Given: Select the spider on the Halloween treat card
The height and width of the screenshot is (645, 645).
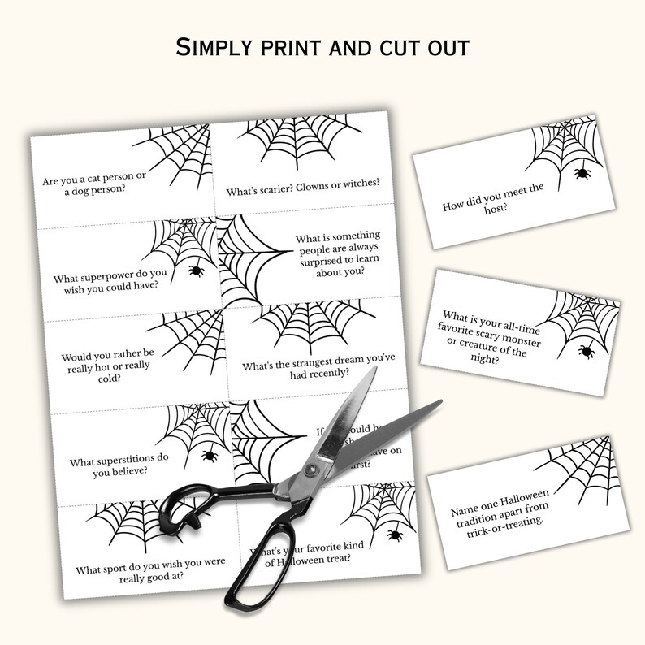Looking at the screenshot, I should click(x=394, y=535).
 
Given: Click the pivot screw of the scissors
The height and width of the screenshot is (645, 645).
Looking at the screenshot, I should click(x=310, y=470).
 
